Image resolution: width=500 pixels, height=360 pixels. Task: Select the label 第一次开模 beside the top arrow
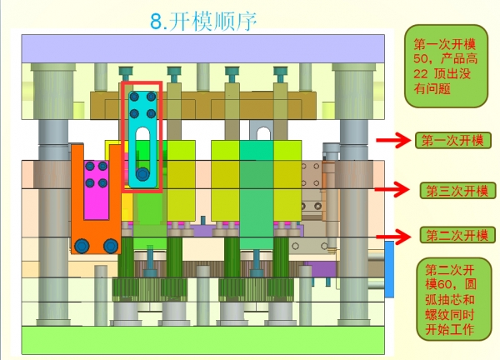point(452,140)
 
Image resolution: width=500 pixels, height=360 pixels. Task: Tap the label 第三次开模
point(455,191)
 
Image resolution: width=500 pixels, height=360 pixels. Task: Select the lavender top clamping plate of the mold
point(205,48)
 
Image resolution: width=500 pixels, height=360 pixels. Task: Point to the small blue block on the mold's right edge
point(388,267)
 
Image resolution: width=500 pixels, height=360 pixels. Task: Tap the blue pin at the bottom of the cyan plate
point(143,174)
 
